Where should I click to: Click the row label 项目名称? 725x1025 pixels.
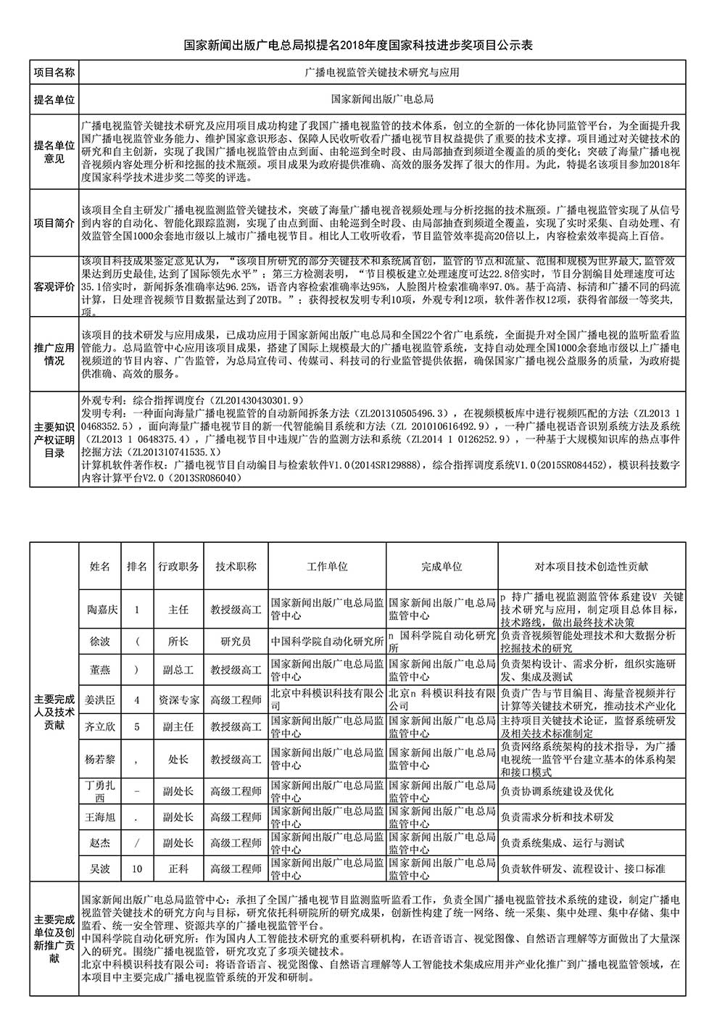coord(54,72)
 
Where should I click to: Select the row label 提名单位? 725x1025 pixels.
coord(54,99)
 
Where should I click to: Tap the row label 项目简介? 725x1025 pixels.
coord(54,223)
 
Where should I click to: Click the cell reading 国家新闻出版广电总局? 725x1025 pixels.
coord(382,99)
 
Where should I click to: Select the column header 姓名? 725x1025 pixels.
coord(100,567)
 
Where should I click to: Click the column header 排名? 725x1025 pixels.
coord(137,567)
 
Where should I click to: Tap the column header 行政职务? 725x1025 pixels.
coord(178,567)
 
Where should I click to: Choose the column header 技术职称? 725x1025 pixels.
coord(236,567)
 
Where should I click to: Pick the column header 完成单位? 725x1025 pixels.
coord(442,567)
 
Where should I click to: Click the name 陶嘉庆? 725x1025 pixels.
coord(100,610)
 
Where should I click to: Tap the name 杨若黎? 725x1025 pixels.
coord(100,759)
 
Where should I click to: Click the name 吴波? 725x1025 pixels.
coord(100,868)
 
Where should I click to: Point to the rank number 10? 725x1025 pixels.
coord(137,868)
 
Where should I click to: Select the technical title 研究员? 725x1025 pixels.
coord(236,642)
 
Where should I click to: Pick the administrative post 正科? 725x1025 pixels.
coord(178,868)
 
